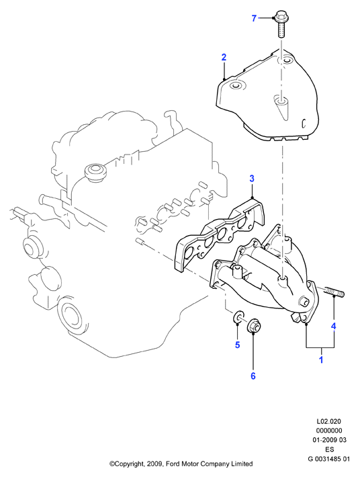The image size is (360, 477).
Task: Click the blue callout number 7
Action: [x=254, y=18]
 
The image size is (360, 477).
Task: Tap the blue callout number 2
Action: [x=224, y=57]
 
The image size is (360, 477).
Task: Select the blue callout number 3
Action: [x=252, y=179]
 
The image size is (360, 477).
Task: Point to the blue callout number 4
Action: [x=334, y=327]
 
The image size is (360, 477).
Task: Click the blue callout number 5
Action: [x=238, y=345]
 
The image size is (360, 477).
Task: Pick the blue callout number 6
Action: [x=253, y=376]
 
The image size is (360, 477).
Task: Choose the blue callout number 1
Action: [x=321, y=360]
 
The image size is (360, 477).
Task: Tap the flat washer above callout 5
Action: [x=238, y=317]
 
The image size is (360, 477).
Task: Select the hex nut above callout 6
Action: [x=254, y=326]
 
